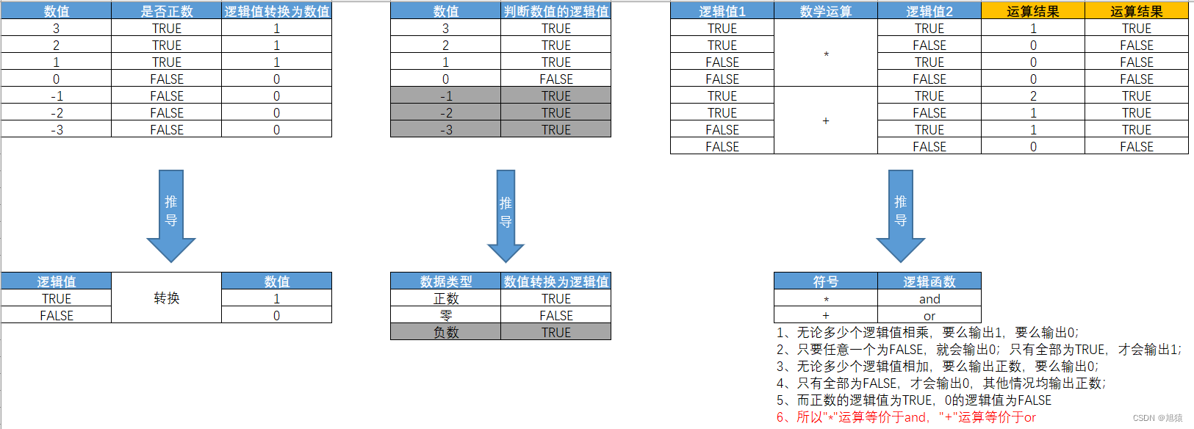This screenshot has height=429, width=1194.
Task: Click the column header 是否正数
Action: click(x=167, y=11)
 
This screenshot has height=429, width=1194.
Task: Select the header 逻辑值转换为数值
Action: click(x=277, y=11)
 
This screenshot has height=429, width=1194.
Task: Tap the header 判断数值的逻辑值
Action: click(x=556, y=11)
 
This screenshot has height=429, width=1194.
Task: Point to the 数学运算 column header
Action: click(x=826, y=11)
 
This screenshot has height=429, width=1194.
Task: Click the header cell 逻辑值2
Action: click(x=929, y=11)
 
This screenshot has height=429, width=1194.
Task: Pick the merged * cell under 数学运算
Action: click(x=826, y=54)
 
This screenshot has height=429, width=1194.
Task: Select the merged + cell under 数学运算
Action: click(x=826, y=120)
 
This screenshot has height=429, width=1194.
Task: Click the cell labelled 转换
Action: click(x=167, y=298)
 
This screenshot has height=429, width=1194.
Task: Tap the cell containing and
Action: click(x=929, y=299)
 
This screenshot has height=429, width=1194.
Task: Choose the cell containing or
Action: click(x=929, y=316)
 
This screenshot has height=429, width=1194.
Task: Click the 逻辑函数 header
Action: click(x=929, y=281)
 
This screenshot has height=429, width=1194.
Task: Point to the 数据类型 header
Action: click(x=446, y=281)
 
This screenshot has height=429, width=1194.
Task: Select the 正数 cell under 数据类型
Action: click(x=446, y=299)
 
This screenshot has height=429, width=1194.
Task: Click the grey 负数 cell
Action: click(x=446, y=332)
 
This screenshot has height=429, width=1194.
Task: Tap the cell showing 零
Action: click(x=446, y=315)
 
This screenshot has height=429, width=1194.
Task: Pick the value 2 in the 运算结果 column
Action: click(x=1033, y=96)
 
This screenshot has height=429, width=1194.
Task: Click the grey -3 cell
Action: click(x=446, y=130)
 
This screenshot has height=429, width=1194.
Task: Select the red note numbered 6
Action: click(x=906, y=417)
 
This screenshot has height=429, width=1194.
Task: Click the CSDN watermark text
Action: click(x=1157, y=418)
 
